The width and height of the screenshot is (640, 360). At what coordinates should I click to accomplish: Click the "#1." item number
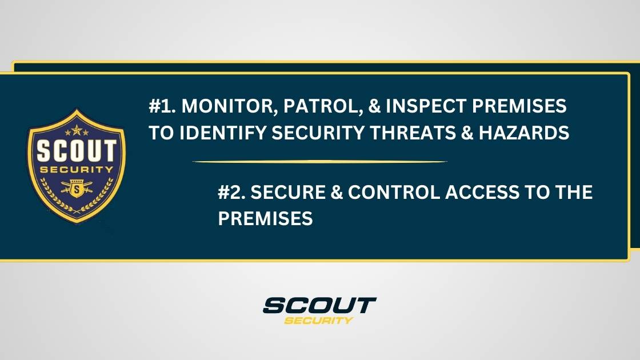pyautogui.click(x=162, y=106)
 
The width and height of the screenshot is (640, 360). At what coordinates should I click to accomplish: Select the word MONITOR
pyautogui.click(x=221, y=106)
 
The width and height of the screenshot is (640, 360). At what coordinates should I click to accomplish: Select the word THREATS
pyautogui.click(x=438, y=133)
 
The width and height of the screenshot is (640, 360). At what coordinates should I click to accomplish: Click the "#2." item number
pyautogui.click(x=232, y=193)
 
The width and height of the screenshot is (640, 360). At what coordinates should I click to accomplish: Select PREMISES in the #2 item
pyautogui.click(x=265, y=219)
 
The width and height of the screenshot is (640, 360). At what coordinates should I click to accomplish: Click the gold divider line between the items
pyautogui.click(x=320, y=162)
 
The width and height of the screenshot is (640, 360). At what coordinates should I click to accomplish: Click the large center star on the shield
pyautogui.click(x=77, y=128)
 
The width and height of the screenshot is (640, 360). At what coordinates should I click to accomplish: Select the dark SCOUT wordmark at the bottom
pyautogui.click(x=319, y=305)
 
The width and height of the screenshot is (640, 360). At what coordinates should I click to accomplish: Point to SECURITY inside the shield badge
pyautogui.click(x=77, y=170)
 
